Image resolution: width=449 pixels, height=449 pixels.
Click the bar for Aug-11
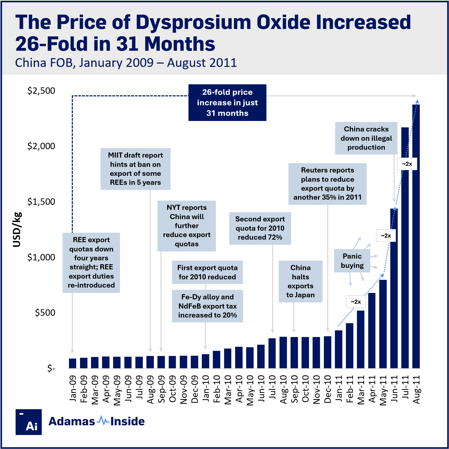tap(416, 236)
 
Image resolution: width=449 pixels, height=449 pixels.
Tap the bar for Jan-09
tap(73, 363)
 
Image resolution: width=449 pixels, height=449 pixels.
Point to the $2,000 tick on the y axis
tap(41, 146)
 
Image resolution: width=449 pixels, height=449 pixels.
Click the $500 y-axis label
tap(45, 313)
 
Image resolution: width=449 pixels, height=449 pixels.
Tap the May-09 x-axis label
tap(117, 390)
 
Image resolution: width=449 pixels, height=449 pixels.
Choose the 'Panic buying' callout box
tap(352, 261)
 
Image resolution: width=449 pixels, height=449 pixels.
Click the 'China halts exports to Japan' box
tap(300, 281)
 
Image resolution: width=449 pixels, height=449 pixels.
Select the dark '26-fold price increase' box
tap(227, 103)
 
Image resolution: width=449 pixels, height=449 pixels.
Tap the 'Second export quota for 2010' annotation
tap(260, 228)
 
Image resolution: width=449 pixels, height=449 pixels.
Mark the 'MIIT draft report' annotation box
tap(135, 169)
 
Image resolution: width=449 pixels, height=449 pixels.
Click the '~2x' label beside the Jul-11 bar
tap(407, 164)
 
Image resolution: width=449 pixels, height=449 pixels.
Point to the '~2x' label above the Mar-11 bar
tap(356, 302)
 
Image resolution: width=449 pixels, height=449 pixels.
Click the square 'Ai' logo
tap(29, 422)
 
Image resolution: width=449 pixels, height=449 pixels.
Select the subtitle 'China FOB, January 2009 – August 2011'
tap(126, 63)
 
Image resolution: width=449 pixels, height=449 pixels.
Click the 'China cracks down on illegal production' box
tap(366, 138)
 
